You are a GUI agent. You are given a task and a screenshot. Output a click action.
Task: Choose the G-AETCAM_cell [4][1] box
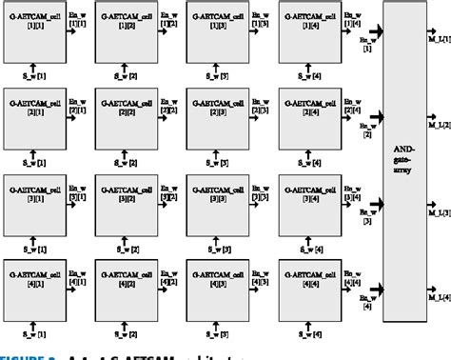34,286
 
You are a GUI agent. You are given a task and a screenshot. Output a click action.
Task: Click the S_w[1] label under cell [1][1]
34,72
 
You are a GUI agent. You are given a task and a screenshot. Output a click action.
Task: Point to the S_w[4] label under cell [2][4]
310,159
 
